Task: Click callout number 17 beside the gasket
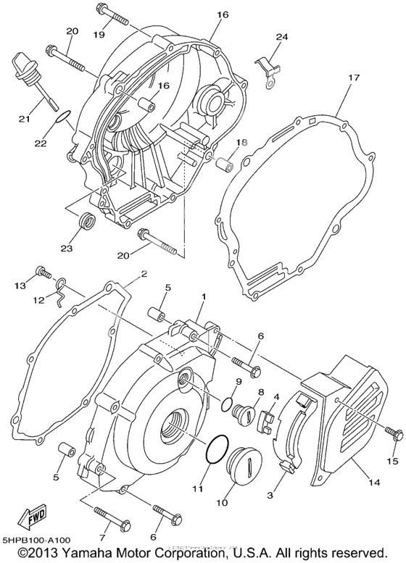(x=353, y=77)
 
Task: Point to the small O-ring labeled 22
(x=63, y=114)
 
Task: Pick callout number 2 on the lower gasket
(x=144, y=274)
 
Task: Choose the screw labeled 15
(x=394, y=434)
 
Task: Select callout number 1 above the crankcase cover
(x=204, y=297)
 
